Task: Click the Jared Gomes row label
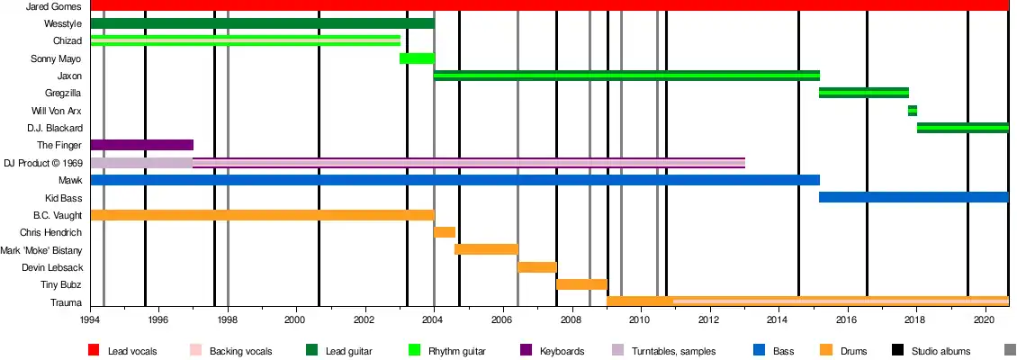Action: [56, 6]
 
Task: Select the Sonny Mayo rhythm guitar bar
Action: [417, 58]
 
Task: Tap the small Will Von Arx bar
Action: [913, 111]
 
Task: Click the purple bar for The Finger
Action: [141, 145]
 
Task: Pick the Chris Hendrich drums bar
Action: [445, 232]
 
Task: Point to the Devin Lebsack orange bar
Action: [537, 267]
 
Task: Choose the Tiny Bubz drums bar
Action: [581, 284]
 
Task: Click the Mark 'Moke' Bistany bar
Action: [486, 249]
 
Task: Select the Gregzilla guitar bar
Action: [864, 93]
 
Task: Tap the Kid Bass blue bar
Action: [913, 197]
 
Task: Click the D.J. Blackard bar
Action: [962, 128]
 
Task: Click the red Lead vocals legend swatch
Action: [93, 350]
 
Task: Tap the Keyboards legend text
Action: [562, 351]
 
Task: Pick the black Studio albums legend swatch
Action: [896, 350]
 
